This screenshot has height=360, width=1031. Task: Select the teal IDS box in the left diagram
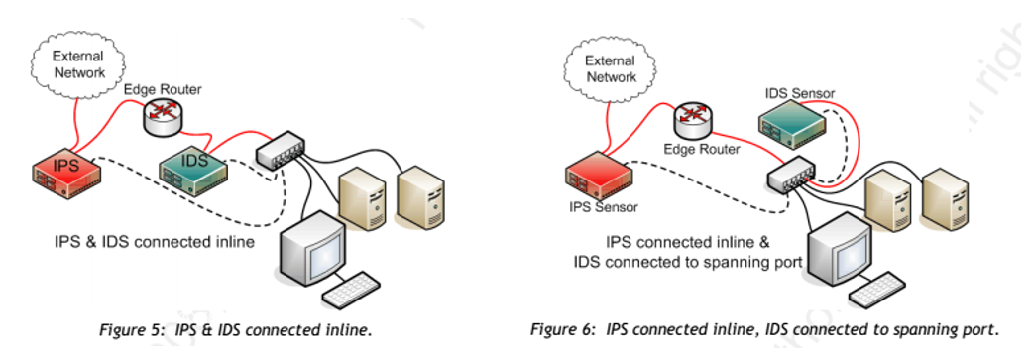[194, 166]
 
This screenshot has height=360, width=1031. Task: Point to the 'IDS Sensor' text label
[799, 93]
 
